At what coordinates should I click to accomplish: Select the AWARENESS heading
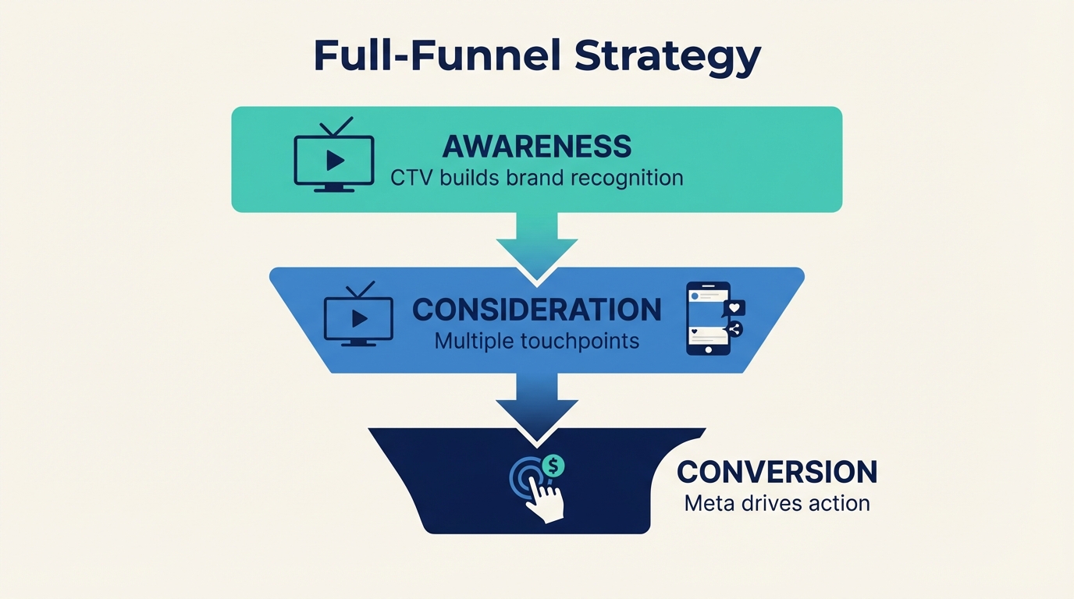click(x=536, y=147)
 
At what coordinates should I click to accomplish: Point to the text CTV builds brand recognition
click(x=536, y=178)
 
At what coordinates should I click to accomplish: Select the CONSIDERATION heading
click(x=536, y=310)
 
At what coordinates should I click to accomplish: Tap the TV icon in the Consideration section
click(x=358, y=315)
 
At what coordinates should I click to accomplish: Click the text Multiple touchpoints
click(x=536, y=341)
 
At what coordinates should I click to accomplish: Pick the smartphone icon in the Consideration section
click(x=708, y=319)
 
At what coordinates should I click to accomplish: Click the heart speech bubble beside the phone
click(x=734, y=307)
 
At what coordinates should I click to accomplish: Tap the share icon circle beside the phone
click(x=734, y=329)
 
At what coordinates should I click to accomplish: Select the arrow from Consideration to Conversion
click(x=537, y=406)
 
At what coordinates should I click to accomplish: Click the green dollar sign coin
click(x=553, y=466)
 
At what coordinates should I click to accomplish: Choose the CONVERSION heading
click(x=777, y=472)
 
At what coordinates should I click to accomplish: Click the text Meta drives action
click(x=777, y=503)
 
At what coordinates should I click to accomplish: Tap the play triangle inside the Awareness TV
click(x=335, y=160)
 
